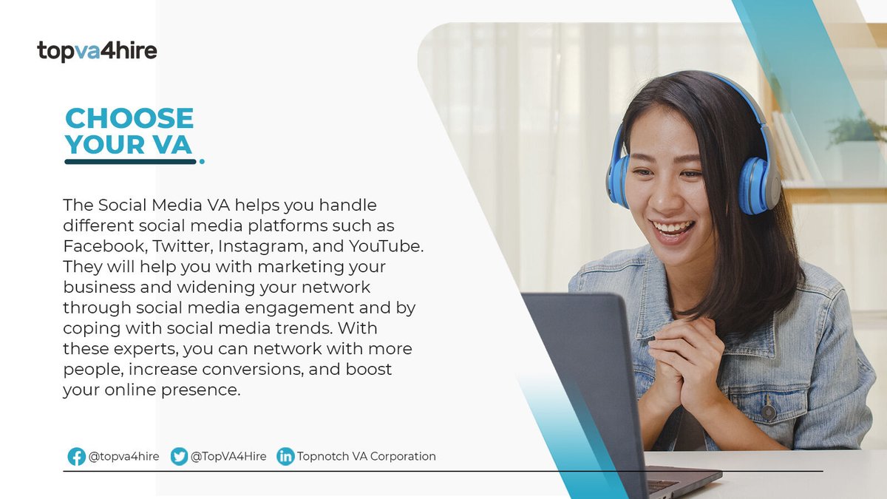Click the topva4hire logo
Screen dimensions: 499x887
(x=97, y=51)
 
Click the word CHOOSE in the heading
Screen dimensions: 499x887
(x=129, y=118)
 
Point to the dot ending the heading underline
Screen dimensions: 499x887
(x=202, y=161)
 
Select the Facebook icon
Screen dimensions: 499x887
(x=76, y=457)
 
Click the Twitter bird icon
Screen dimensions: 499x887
(x=179, y=457)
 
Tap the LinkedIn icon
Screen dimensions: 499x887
(x=285, y=457)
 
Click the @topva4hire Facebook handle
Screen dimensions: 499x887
(x=123, y=457)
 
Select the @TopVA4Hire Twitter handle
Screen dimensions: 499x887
(x=228, y=457)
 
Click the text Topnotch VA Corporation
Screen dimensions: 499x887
(x=366, y=457)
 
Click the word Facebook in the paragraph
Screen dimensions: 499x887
(x=98, y=245)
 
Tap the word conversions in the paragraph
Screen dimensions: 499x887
(x=275, y=368)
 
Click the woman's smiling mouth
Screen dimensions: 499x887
(x=673, y=229)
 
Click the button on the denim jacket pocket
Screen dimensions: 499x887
(x=769, y=412)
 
